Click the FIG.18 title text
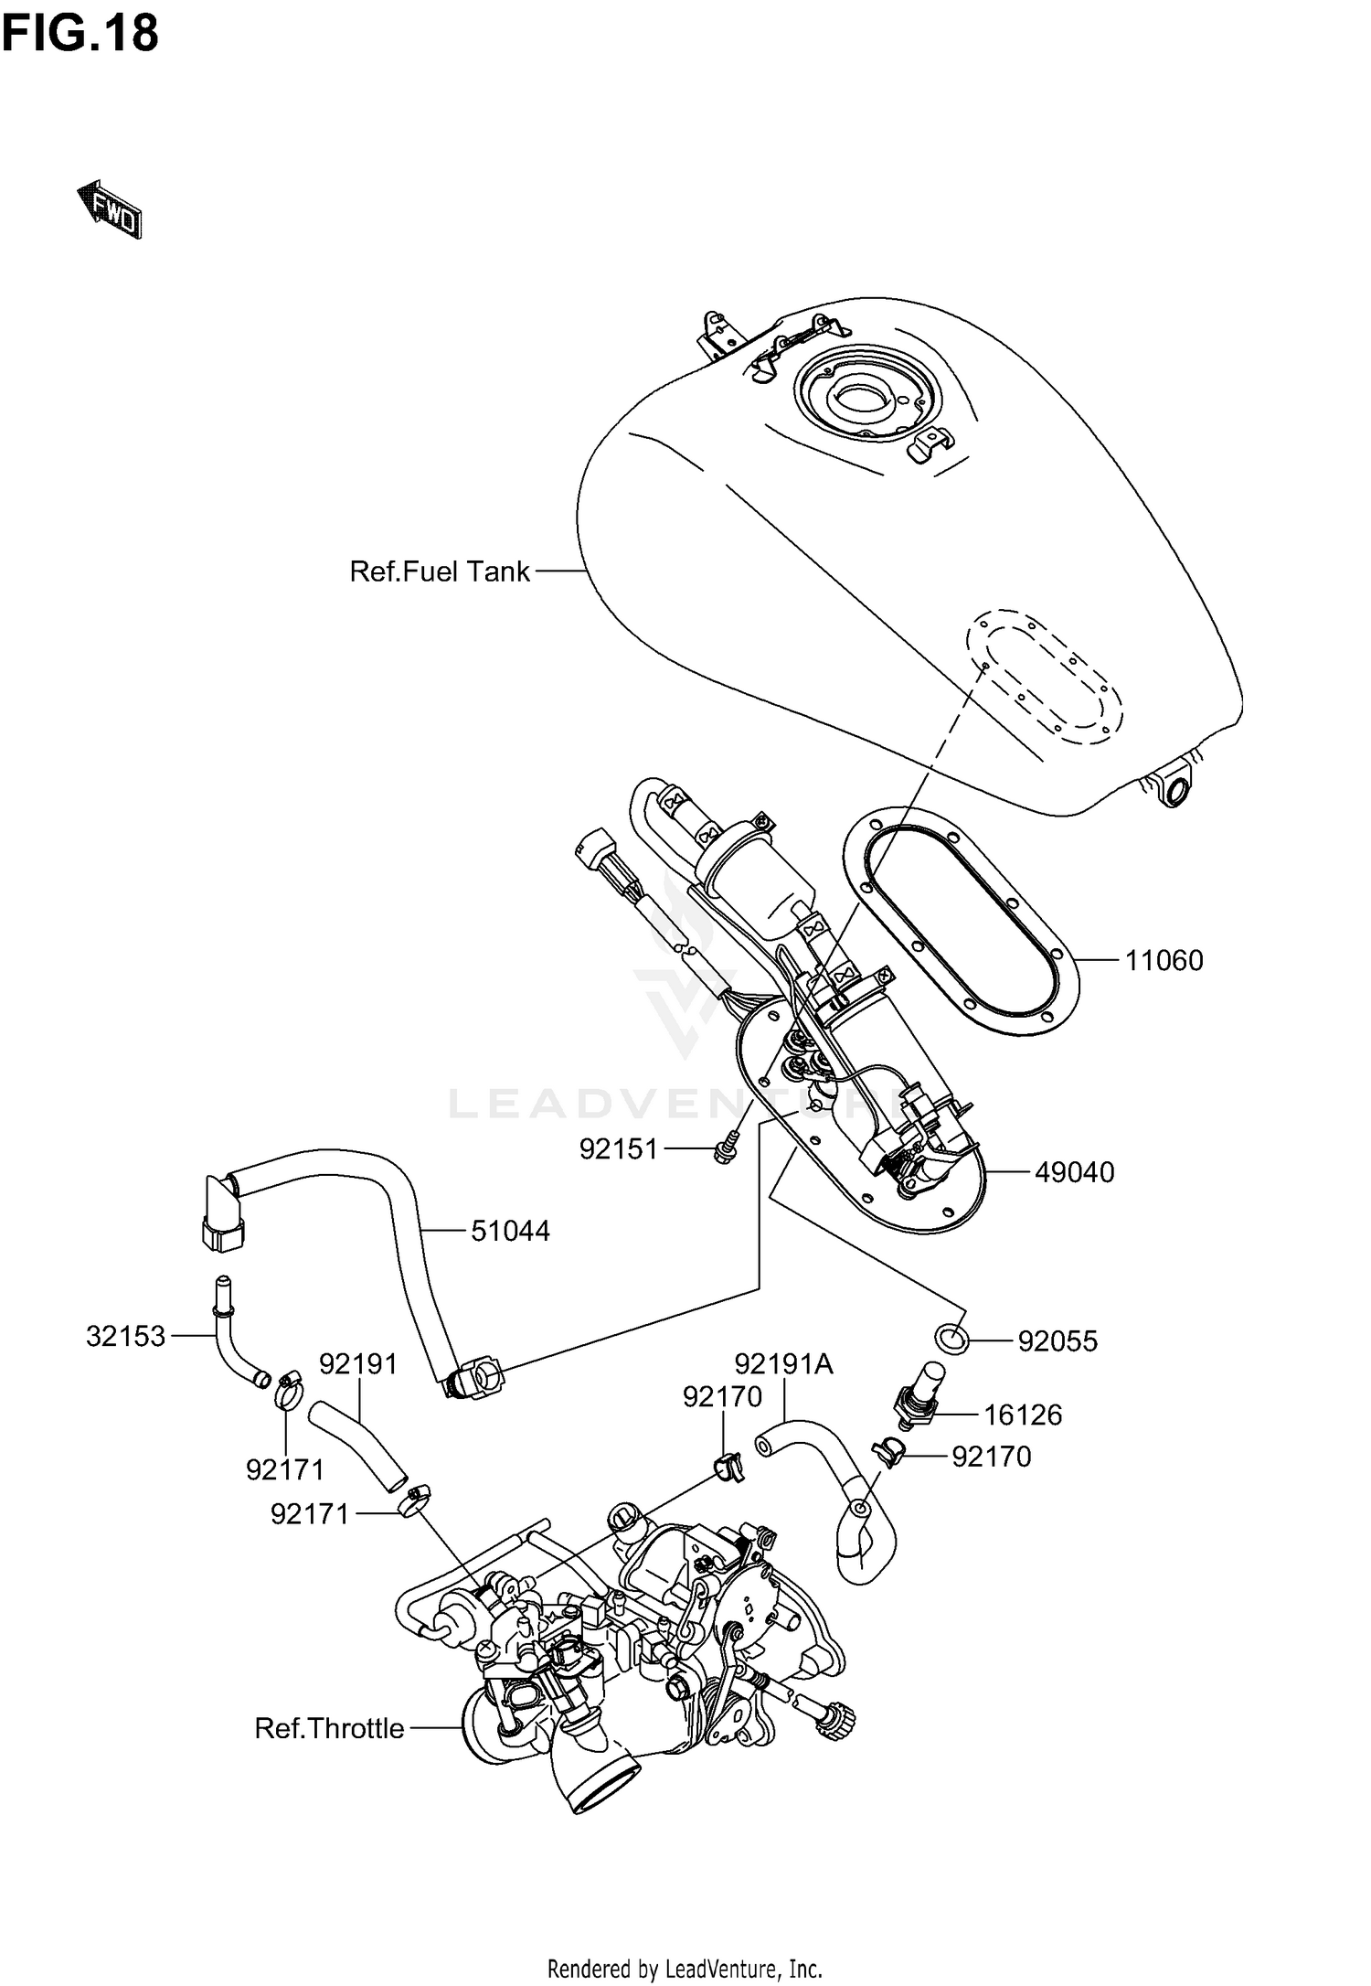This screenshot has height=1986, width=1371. [x=80, y=33]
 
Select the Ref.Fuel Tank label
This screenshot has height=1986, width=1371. [x=439, y=571]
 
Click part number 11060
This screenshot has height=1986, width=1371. [x=1163, y=960]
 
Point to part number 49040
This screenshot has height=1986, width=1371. [x=1074, y=1172]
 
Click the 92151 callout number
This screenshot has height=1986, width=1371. [x=619, y=1149]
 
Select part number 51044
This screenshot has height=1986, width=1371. [x=510, y=1231]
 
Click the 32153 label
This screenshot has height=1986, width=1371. [x=126, y=1336]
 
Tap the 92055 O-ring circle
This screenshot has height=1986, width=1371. [x=951, y=1338]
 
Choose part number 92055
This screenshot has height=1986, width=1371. [x=1057, y=1340]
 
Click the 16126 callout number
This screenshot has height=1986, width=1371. [x=1023, y=1415]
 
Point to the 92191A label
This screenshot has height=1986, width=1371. [x=783, y=1364]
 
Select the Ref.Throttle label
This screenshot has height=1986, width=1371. [x=329, y=1728]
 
